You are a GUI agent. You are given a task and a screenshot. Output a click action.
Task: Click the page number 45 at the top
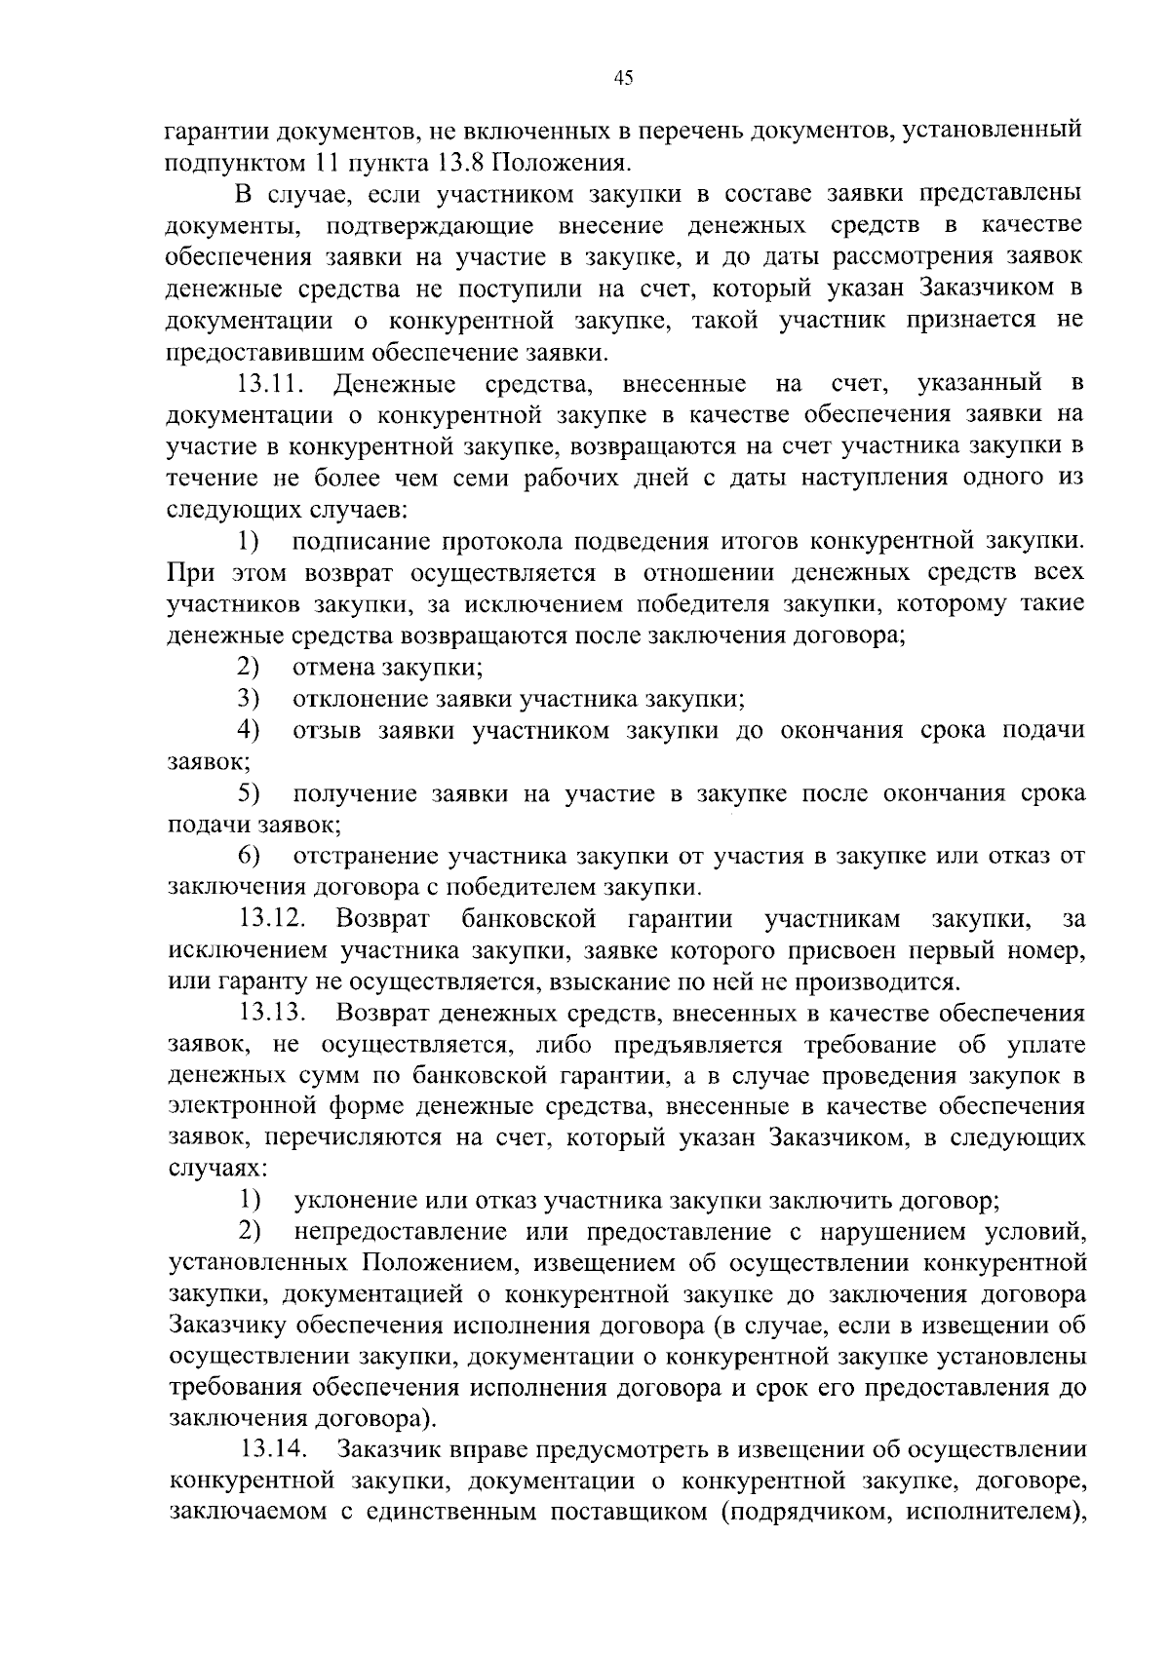(x=624, y=79)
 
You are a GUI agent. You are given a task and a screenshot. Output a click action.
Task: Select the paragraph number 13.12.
(x=274, y=919)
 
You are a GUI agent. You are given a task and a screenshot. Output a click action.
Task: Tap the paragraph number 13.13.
(x=274, y=1014)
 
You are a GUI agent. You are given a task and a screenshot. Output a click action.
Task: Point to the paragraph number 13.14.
(x=274, y=1450)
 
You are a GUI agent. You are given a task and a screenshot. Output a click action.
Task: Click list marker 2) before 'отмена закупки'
(x=248, y=668)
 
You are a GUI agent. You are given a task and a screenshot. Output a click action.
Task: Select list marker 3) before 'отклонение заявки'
(x=248, y=699)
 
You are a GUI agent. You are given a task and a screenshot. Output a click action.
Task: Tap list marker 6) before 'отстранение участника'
(x=248, y=857)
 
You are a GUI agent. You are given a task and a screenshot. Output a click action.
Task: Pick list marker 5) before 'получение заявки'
(x=248, y=793)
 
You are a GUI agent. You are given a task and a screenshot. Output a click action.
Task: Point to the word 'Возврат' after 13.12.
(x=382, y=919)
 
